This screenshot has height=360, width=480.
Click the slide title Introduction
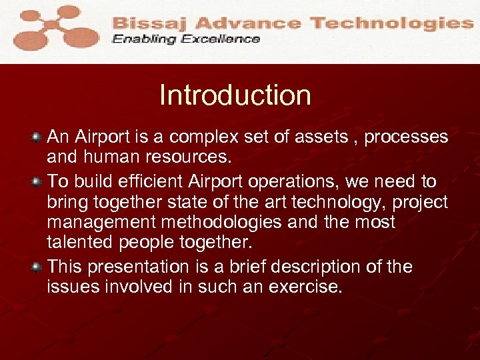click(235, 95)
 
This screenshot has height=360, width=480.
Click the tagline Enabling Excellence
click(186, 39)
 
